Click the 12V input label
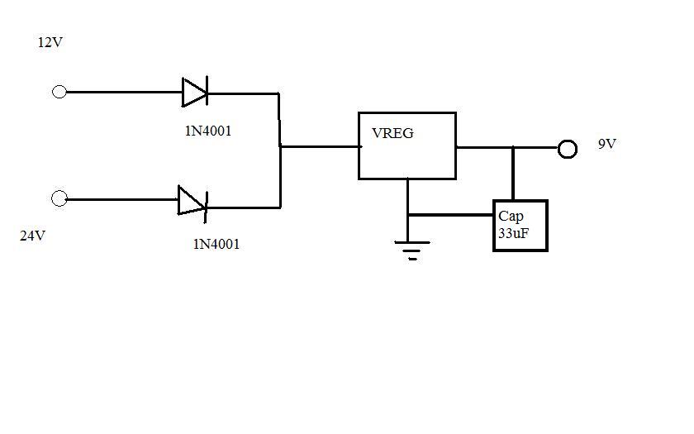pyautogui.click(x=50, y=42)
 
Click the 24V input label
pyautogui.click(x=33, y=236)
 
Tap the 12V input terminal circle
pyautogui.click(x=59, y=92)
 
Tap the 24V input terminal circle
pyautogui.click(x=59, y=198)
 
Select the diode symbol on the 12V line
pyautogui.click(x=195, y=92)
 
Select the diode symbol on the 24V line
pyautogui.click(x=192, y=200)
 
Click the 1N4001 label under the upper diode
pyautogui.click(x=209, y=131)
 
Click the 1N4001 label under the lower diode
pyautogui.click(x=216, y=244)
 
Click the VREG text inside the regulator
pyautogui.click(x=392, y=132)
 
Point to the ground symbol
pyautogui.click(x=411, y=248)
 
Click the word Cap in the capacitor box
pyautogui.click(x=511, y=217)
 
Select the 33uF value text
pyautogui.click(x=513, y=234)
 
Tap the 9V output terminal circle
pyautogui.click(x=567, y=149)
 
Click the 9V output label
pyautogui.click(x=607, y=145)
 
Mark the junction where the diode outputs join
pyautogui.click(x=281, y=147)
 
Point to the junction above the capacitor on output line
pyautogui.click(x=513, y=148)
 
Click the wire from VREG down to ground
pyautogui.click(x=407, y=198)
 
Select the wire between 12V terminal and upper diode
pyautogui.click(x=124, y=93)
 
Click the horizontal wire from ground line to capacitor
pyautogui.click(x=450, y=215)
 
